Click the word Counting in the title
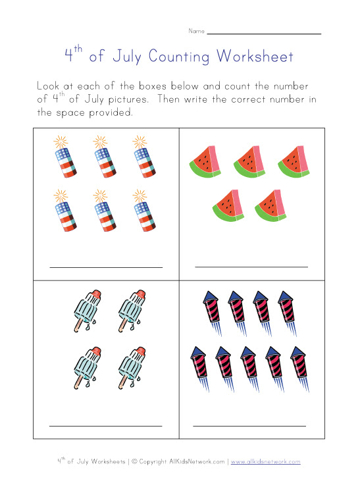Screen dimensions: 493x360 [179, 57]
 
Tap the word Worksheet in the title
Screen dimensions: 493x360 [253, 57]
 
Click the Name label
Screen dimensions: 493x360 [196, 31]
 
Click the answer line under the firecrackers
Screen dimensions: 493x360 [105, 267]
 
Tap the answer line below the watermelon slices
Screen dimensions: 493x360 [251, 267]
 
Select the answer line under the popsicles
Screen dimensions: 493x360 [105, 426]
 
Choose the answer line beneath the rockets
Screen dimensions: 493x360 [249, 426]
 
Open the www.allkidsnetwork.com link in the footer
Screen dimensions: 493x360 [266, 462]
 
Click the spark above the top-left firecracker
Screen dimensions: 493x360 [60, 142]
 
